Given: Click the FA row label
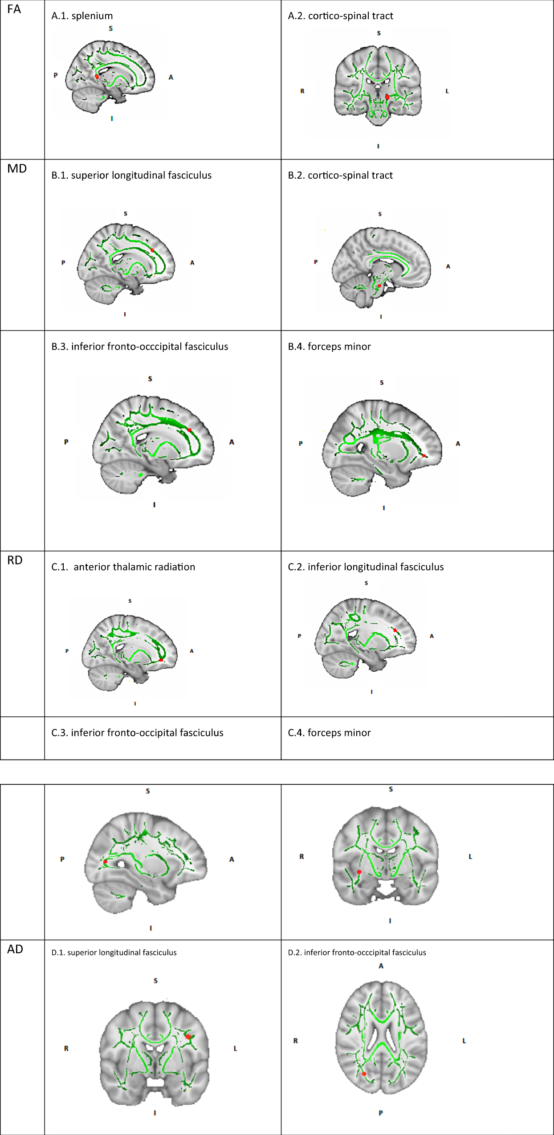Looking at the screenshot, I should tap(14, 9).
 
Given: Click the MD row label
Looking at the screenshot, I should tap(17, 169).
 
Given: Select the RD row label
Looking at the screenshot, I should tap(15, 560).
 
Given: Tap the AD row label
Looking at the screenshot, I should tap(15, 949).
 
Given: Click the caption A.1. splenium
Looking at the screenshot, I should tap(82, 16).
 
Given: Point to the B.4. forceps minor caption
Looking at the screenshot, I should tap(329, 347).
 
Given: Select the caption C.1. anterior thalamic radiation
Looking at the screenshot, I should tap(123, 567).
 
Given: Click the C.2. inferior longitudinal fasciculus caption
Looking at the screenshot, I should tap(366, 567).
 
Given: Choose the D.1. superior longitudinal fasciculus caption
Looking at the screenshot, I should tap(114, 953).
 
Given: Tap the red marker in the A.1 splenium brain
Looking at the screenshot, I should tap(97, 77).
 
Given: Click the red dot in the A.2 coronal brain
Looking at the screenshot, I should tap(387, 97).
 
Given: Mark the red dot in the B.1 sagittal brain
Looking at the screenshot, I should tap(152, 250).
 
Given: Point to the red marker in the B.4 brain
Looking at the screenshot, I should tap(424, 456).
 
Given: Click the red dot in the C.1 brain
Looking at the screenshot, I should tap(161, 660).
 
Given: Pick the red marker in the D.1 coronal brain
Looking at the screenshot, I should tap(188, 1037).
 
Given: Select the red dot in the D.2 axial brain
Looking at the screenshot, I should tap(364, 1074).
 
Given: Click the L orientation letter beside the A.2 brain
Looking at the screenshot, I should tap(447, 91).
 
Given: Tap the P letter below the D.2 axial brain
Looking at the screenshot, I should tap(381, 1113).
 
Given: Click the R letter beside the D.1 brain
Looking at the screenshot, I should tap(66, 1049).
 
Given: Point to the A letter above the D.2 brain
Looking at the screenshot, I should tap(381, 966).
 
